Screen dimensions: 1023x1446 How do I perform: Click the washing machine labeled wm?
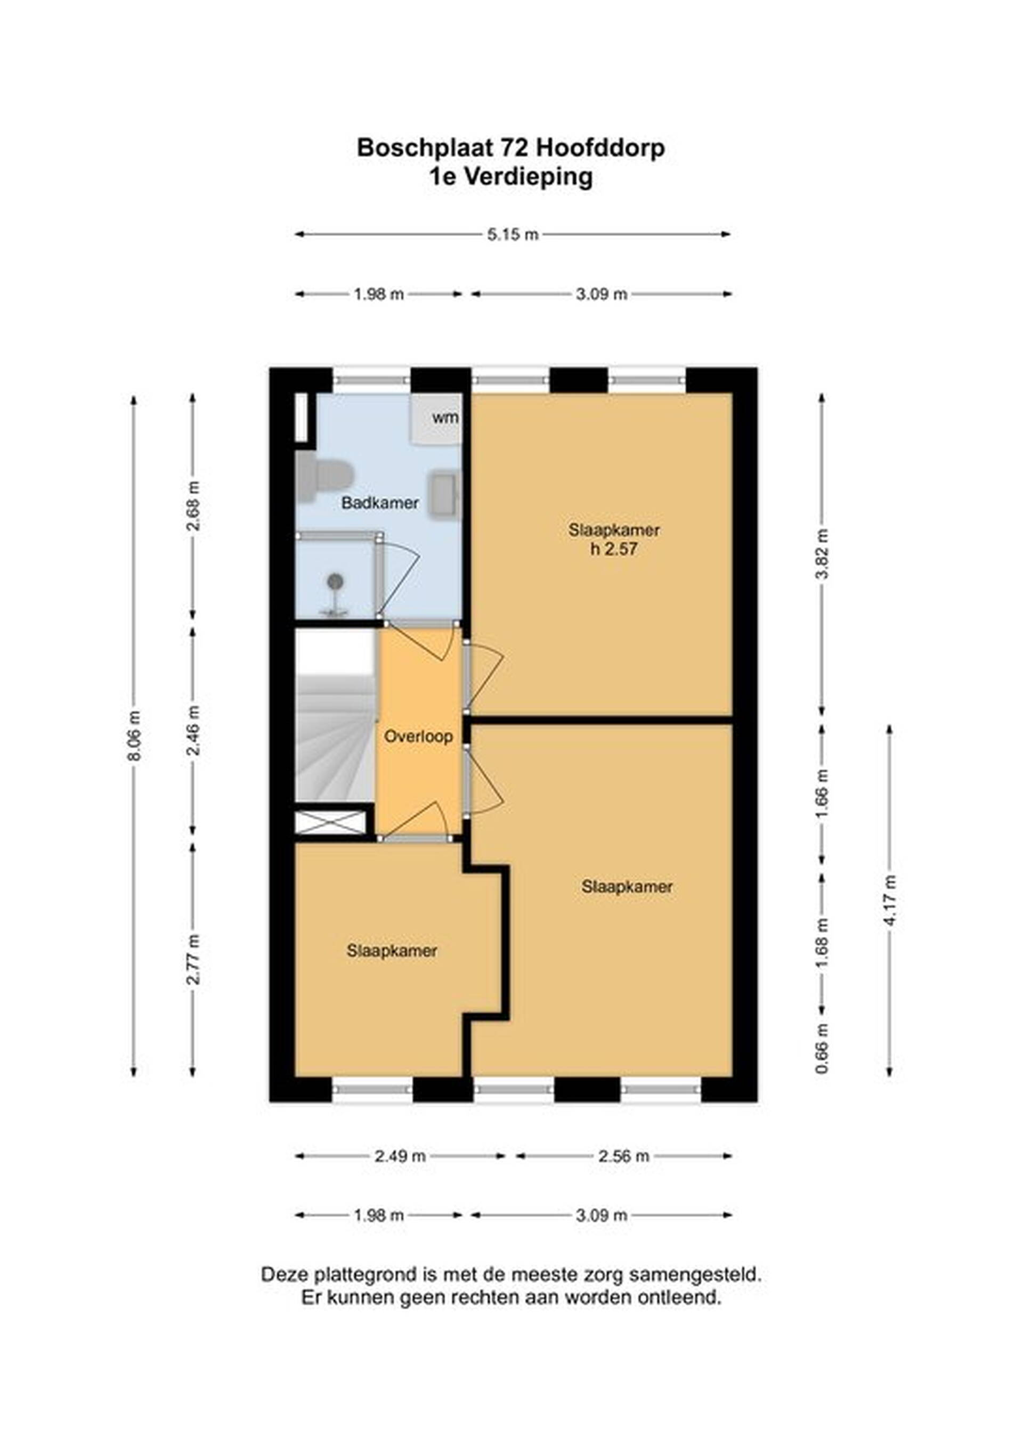coord(436,419)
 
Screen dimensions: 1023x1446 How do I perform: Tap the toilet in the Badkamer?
coord(324,477)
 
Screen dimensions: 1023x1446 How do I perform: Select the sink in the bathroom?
coord(445,494)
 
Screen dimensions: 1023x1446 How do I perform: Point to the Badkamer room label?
coord(380,503)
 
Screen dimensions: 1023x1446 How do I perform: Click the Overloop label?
coord(418,736)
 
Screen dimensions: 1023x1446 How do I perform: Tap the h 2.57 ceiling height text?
coord(614,549)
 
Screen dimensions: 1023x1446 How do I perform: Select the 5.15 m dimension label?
coord(513,234)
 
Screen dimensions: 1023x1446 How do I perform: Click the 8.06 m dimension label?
coord(134,735)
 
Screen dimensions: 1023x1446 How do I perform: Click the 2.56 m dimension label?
coord(623,1156)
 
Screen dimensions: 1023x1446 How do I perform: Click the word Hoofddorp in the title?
coord(600,148)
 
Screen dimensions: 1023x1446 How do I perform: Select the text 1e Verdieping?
coord(511,177)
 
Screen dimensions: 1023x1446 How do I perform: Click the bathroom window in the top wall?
coord(372,380)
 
